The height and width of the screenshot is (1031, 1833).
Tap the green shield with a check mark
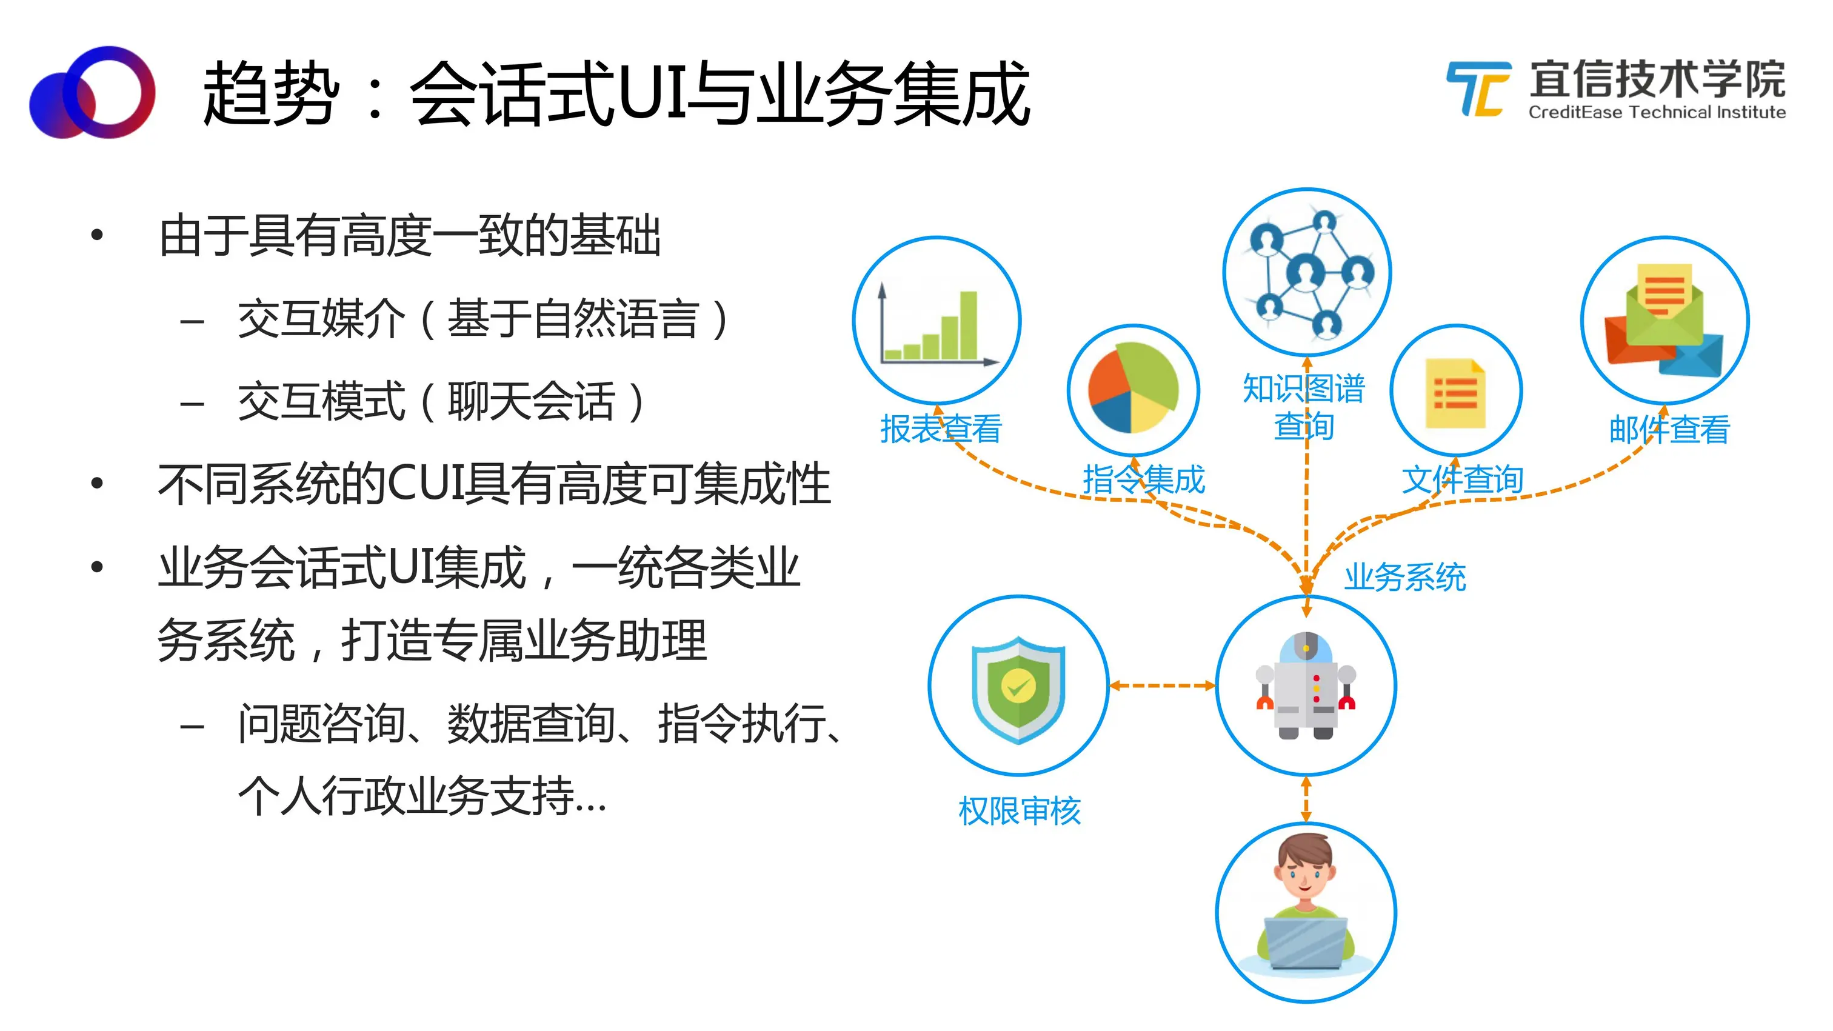click(1018, 689)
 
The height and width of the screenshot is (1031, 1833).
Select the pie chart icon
click(1133, 389)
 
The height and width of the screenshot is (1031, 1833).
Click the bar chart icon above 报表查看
click(937, 324)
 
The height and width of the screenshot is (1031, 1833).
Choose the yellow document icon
click(1455, 393)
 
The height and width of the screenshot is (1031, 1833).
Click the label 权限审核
click(1019, 811)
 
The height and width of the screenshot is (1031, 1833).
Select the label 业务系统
click(1404, 576)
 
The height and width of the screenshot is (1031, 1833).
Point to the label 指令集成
click(1143, 479)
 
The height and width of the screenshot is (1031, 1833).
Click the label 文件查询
click(1462, 479)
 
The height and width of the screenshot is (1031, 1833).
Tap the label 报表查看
click(941, 429)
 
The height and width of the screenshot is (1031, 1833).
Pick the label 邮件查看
click(1669, 429)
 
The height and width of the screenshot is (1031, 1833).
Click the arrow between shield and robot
click(1162, 686)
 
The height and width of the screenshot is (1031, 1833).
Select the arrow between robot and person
click(1306, 798)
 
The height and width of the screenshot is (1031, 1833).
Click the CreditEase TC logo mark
click(1478, 89)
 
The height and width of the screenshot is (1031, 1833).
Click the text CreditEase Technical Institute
click(1657, 112)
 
